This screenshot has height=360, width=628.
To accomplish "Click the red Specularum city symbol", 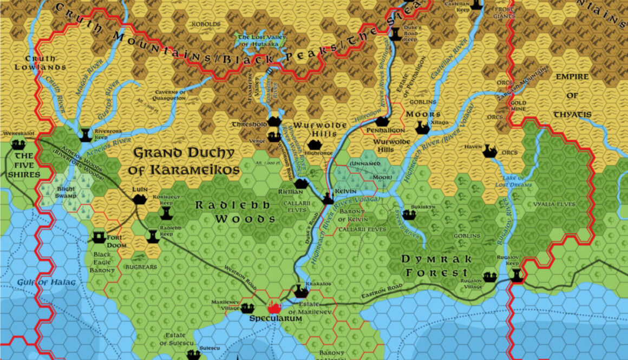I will click(x=274, y=308).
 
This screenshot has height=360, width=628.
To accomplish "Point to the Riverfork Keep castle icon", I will click(x=85, y=134).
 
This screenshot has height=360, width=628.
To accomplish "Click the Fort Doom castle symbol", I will click(x=99, y=237).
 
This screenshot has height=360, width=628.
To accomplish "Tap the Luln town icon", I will click(x=140, y=199).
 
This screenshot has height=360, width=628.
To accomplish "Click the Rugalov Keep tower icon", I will click(x=516, y=275).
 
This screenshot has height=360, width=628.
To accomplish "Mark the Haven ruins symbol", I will click(x=490, y=152).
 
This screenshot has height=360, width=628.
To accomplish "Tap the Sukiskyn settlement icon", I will click(x=409, y=215).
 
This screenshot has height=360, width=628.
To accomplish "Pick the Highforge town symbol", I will click(x=314, y=145).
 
